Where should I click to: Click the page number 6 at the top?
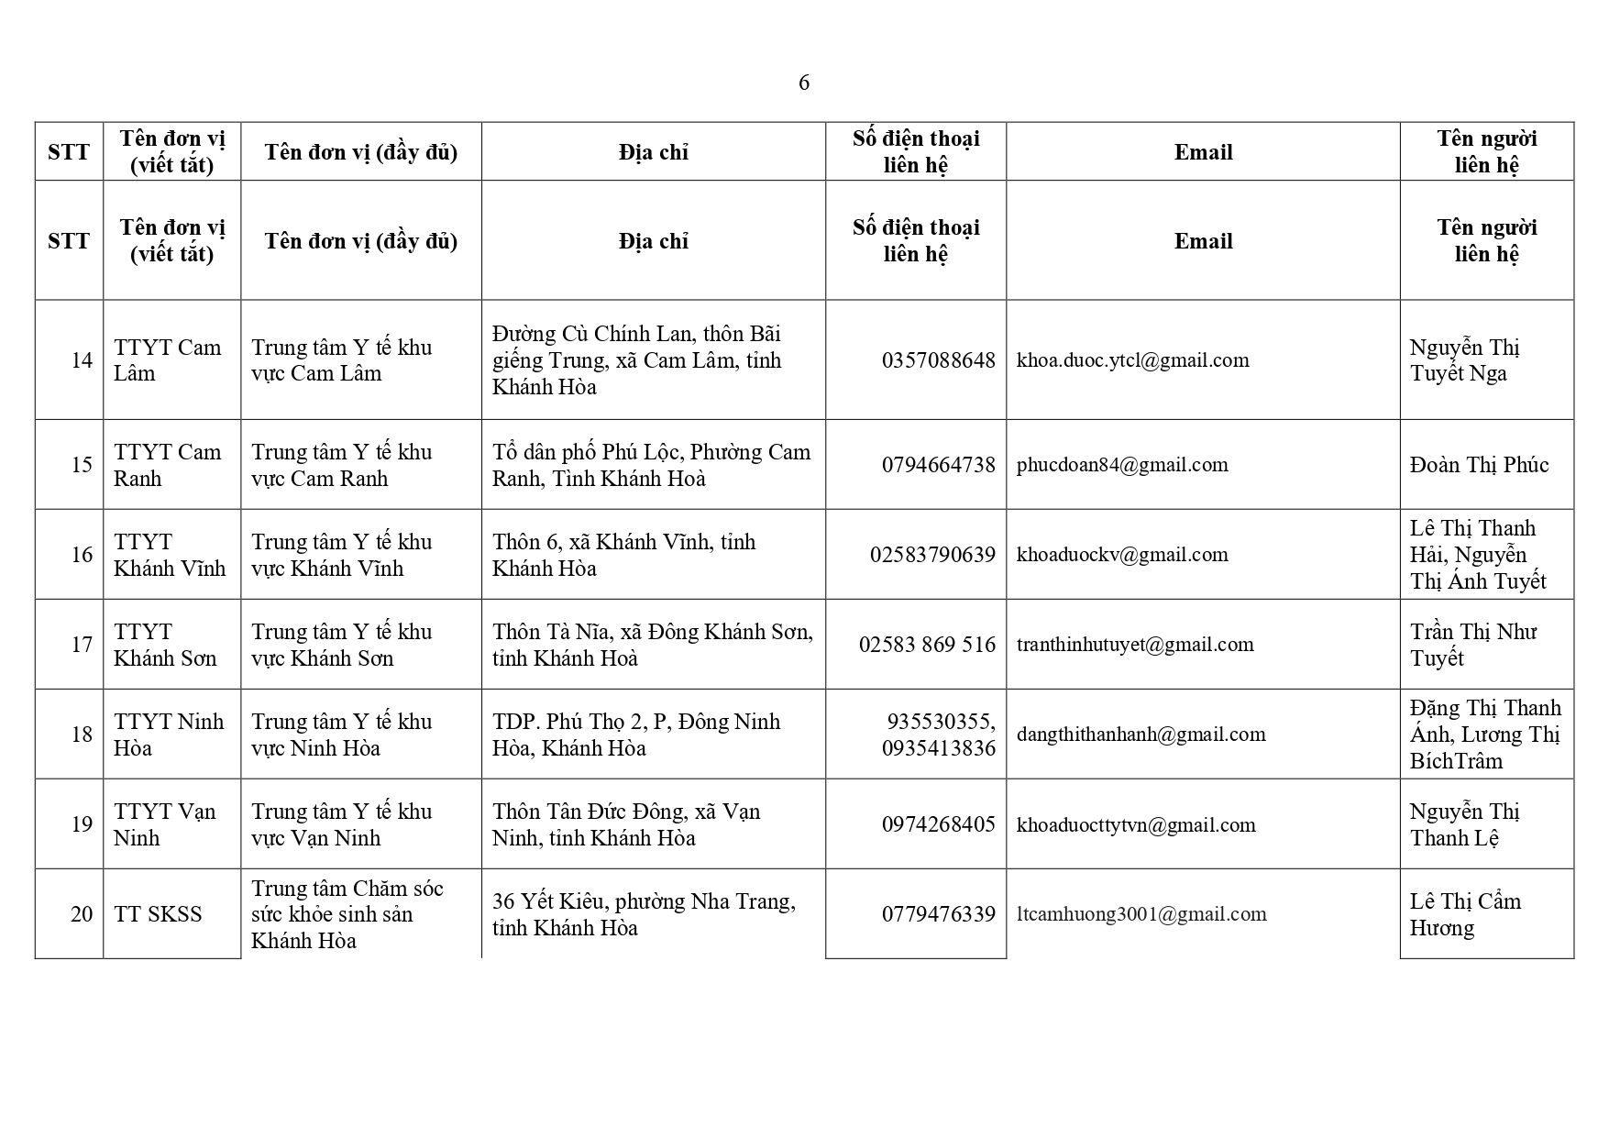point(804,83)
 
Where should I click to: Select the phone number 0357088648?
point(938,360)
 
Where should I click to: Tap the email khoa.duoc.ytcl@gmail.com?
point(1132,360)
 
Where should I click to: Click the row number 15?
point(82,465)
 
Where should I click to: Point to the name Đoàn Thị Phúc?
point(1479,465)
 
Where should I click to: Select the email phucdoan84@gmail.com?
point(1122,465)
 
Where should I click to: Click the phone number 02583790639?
point(932,555)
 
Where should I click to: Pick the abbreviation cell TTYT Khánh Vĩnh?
point(170,555)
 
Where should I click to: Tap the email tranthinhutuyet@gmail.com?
point(1135,645)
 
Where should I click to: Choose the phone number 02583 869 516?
point(927,645)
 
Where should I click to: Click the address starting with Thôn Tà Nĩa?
point(652,645)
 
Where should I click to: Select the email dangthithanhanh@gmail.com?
point(1141,735)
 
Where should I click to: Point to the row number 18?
point(82,735)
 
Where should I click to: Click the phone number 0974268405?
point(938,824)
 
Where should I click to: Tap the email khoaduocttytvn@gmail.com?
point(1136,825)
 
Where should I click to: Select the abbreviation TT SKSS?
point(158,914)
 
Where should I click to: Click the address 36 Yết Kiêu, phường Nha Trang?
point(644,914)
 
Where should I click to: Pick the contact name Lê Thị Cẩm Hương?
point(1465,914)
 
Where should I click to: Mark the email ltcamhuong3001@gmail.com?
point(1141,914)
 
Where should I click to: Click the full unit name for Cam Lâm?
point(341,360)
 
